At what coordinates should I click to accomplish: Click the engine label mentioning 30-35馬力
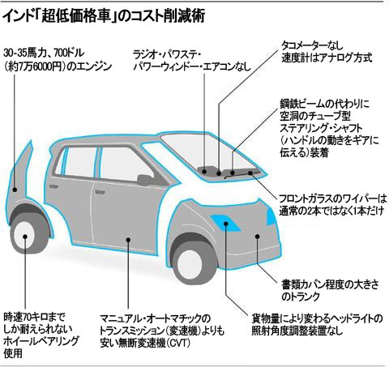(58, 59)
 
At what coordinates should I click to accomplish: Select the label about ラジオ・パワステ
(192, 61)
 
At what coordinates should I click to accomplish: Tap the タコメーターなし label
(327, 52)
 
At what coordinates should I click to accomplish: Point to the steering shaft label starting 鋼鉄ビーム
(329, 129)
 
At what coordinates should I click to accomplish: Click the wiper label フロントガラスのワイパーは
(332, 205)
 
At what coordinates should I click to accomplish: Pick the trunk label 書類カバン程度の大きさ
(330, 291)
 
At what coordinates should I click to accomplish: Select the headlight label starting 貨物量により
(317, 324)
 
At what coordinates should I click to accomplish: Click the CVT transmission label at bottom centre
(162, 331)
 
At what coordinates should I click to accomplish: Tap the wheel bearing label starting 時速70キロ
(41, 335)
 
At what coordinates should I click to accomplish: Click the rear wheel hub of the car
(25, 236)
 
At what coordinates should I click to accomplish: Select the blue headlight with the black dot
(226, 223)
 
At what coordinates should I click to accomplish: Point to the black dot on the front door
(129, 240)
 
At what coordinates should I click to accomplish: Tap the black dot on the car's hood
(258, 237)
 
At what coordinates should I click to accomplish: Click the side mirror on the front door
(145, 179)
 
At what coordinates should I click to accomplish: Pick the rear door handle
(53, 186)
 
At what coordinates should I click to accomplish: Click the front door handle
(100, 192)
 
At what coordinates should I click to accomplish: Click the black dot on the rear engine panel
(15, 190)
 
